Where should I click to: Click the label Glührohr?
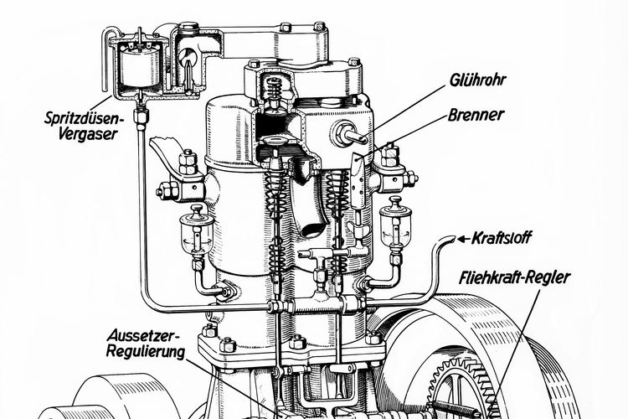pos(477,80)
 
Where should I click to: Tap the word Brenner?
pos(475,115)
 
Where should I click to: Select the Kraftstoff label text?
pos(502,238)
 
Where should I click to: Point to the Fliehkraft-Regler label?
pos(514,277)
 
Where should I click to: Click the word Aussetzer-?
pos(145,335)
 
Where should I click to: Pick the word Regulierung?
pos(146,351)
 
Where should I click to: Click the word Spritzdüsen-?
pos(85,118)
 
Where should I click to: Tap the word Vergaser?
pos(88,134)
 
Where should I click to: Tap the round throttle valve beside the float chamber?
pos(188,57)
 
